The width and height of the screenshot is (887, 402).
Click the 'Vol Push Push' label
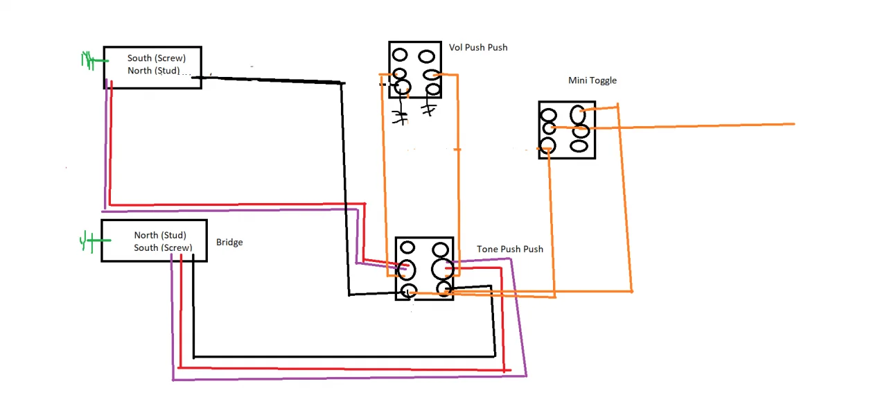[x=478, y=47]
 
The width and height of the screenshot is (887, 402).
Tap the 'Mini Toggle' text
[x=592, y=80]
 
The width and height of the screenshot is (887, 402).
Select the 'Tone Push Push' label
[x=509, y=249]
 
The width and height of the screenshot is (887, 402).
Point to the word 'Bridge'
[x=229, y=242]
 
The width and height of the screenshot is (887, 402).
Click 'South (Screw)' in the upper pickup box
[x=157, y=58]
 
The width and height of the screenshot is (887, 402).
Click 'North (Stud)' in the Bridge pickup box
[x=160, y=236]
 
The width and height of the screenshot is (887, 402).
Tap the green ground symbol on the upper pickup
[x=89, y=61]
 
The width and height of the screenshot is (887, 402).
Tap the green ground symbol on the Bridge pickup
[x=87, y=241]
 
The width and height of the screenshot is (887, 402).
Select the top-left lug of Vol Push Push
[x=400, y=55]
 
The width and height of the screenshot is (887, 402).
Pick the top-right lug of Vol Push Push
[x=428, y=55]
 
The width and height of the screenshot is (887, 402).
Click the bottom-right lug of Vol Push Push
[x=433, y=89]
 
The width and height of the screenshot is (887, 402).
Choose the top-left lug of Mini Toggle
[x=548, y=116]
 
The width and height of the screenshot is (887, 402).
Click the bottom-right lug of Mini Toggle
[x=579, y=146]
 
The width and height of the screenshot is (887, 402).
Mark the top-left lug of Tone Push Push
[x=407, y=247]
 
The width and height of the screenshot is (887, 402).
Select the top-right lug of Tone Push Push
[x=441, y=250]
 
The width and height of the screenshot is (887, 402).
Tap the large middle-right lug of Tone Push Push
[x=442, y=269]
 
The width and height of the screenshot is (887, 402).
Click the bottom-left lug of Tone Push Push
[x=408, y=291]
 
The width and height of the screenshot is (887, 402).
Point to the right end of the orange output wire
[x=793, y=124]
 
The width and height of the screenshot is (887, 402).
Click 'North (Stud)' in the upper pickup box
[x=154, y=71]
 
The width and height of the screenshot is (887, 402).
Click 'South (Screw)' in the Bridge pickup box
[x=163, y=248]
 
